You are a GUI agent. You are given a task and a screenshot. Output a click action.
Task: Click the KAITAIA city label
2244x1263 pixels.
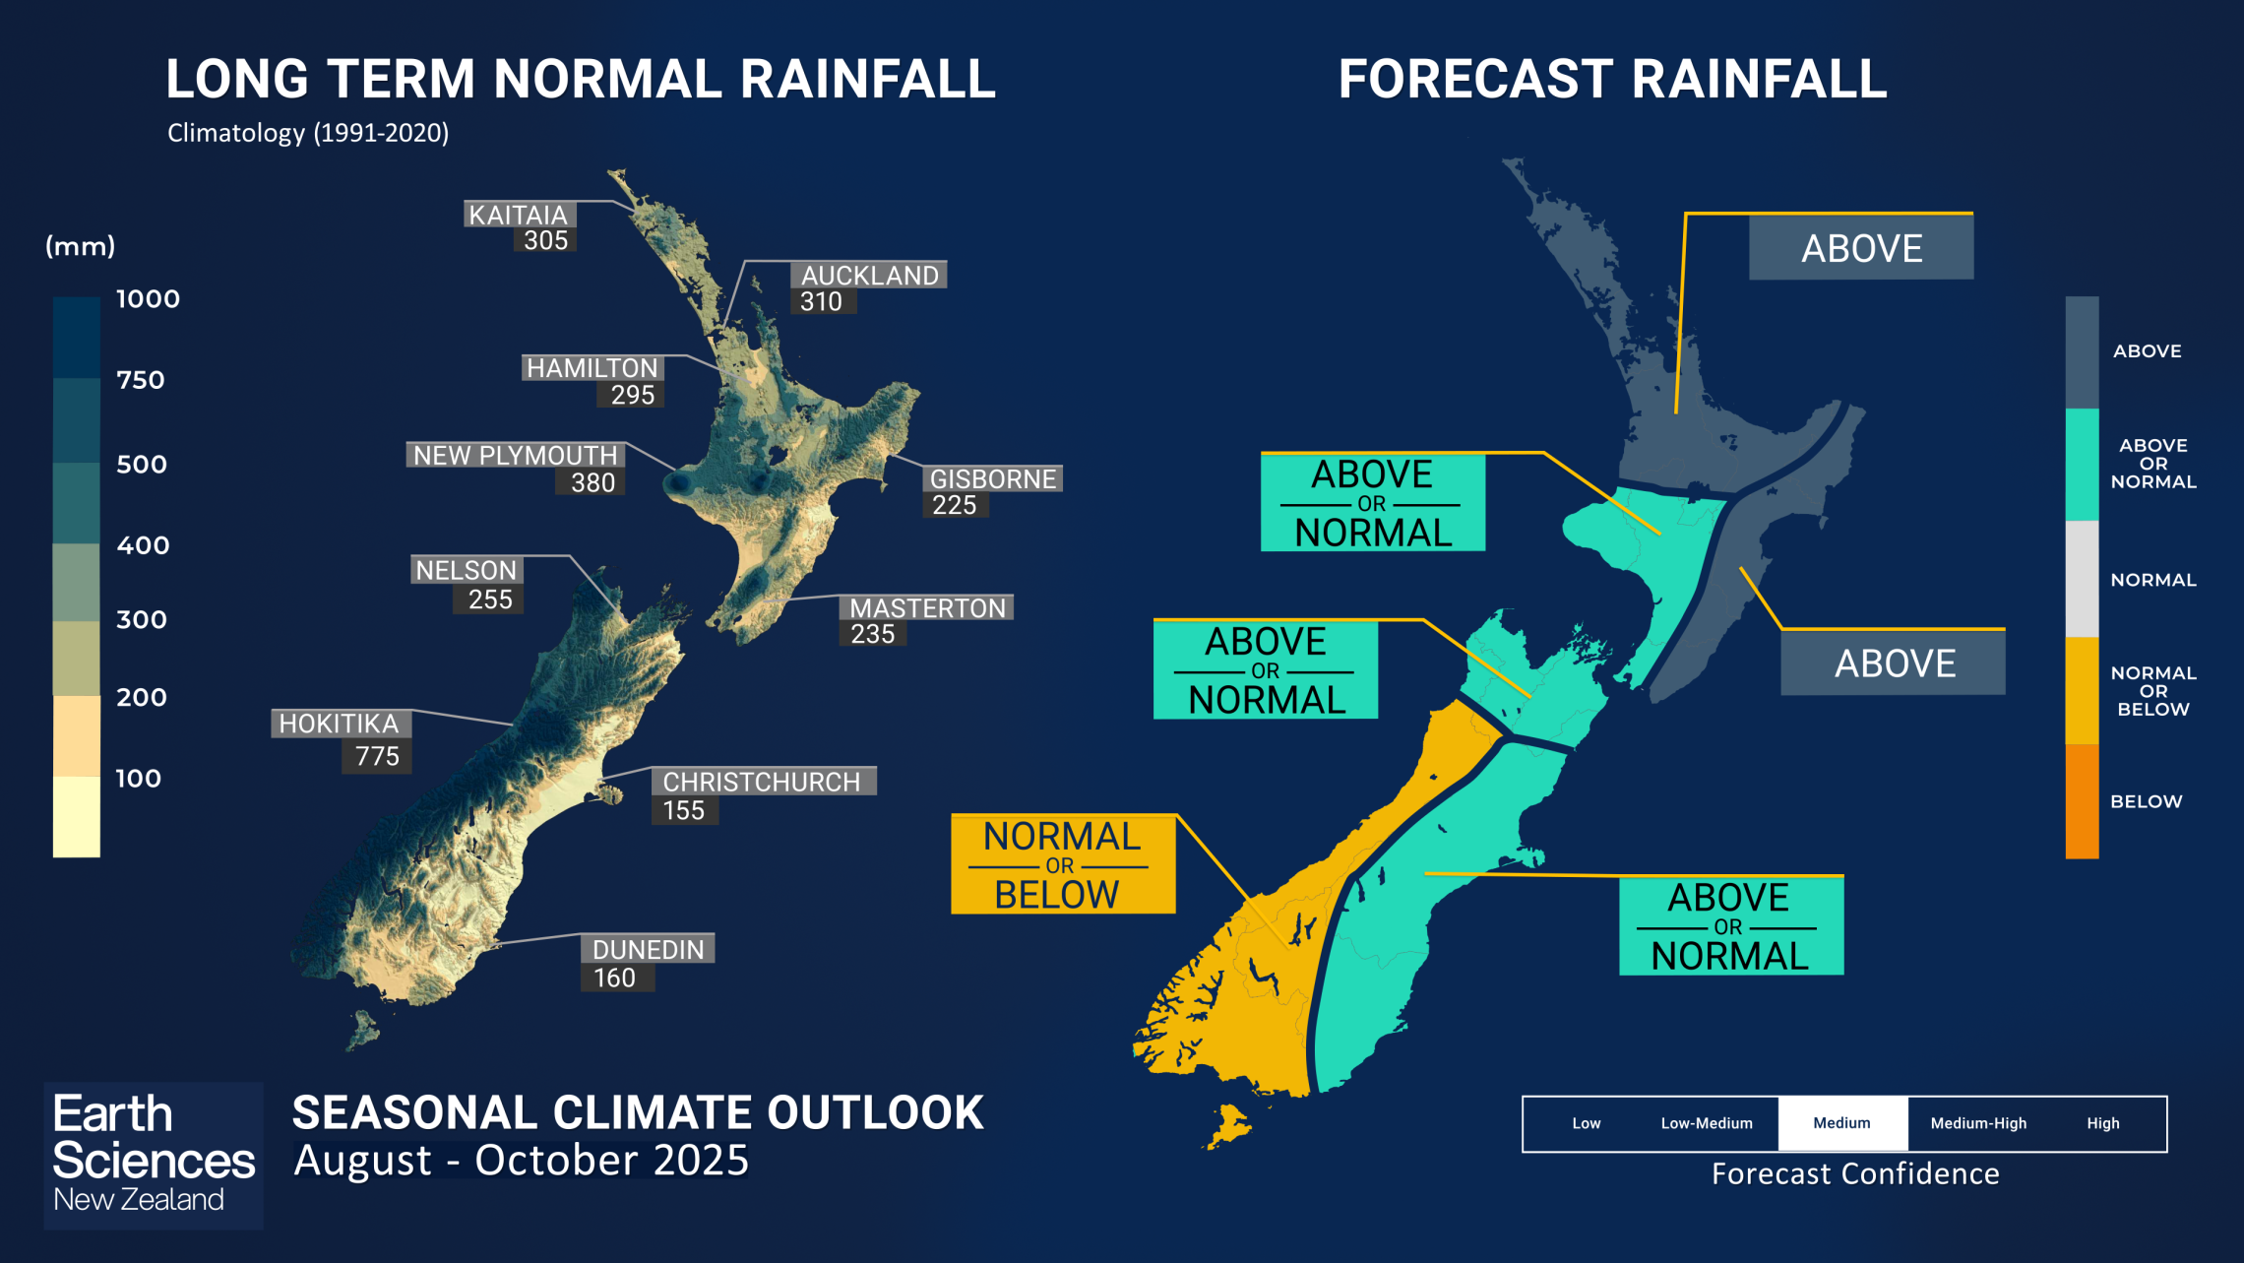(519, 215)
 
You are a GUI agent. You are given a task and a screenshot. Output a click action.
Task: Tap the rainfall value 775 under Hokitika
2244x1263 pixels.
(377, 756)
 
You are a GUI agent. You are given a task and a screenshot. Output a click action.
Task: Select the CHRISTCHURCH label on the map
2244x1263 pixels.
(762, 782)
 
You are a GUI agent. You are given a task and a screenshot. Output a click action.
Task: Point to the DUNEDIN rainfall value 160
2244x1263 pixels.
(615, 978)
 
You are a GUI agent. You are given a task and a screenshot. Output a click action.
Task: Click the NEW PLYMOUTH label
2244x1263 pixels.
(515, 455)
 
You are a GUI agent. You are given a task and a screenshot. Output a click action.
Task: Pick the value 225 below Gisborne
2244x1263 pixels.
(954, 505)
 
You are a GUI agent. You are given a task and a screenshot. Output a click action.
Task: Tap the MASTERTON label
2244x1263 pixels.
(927, 608)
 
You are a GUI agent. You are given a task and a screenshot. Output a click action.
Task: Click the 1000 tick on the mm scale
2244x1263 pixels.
(148, 299)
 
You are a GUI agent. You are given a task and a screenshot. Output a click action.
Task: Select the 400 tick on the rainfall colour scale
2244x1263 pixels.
(143, 545)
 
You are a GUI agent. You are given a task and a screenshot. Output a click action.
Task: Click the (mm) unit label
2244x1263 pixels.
(81, 246)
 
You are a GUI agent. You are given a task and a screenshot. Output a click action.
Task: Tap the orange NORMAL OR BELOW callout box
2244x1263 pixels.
(1063, 864)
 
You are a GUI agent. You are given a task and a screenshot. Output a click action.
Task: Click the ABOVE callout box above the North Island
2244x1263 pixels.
(1860, 248)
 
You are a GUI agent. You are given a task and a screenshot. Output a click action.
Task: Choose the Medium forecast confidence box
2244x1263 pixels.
(1841, 1123)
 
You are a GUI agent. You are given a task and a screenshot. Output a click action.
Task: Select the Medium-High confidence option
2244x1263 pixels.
(1978, 1123)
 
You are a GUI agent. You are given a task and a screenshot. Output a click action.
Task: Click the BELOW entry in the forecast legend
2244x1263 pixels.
(2146, 801)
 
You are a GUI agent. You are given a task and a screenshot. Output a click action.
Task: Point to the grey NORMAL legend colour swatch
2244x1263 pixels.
(2082, 579)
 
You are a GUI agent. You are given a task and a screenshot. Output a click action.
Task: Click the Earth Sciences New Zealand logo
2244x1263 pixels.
(153, 1154)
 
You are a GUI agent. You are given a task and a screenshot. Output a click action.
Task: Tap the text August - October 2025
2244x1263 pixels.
(522, 1161)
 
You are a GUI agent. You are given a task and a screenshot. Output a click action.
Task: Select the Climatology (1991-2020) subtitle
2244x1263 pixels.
(308, 133)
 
